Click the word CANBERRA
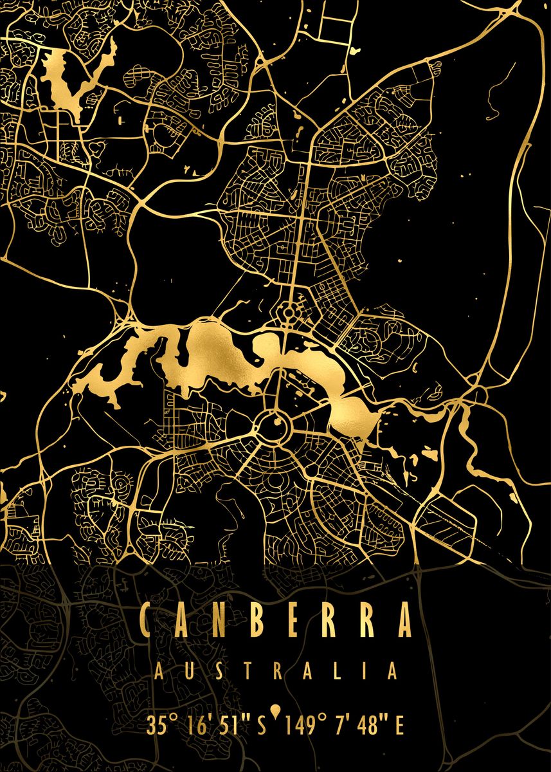(275, 619)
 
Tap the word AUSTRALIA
(275, 672)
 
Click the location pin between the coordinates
(276, 711)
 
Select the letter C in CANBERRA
(147, 619)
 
